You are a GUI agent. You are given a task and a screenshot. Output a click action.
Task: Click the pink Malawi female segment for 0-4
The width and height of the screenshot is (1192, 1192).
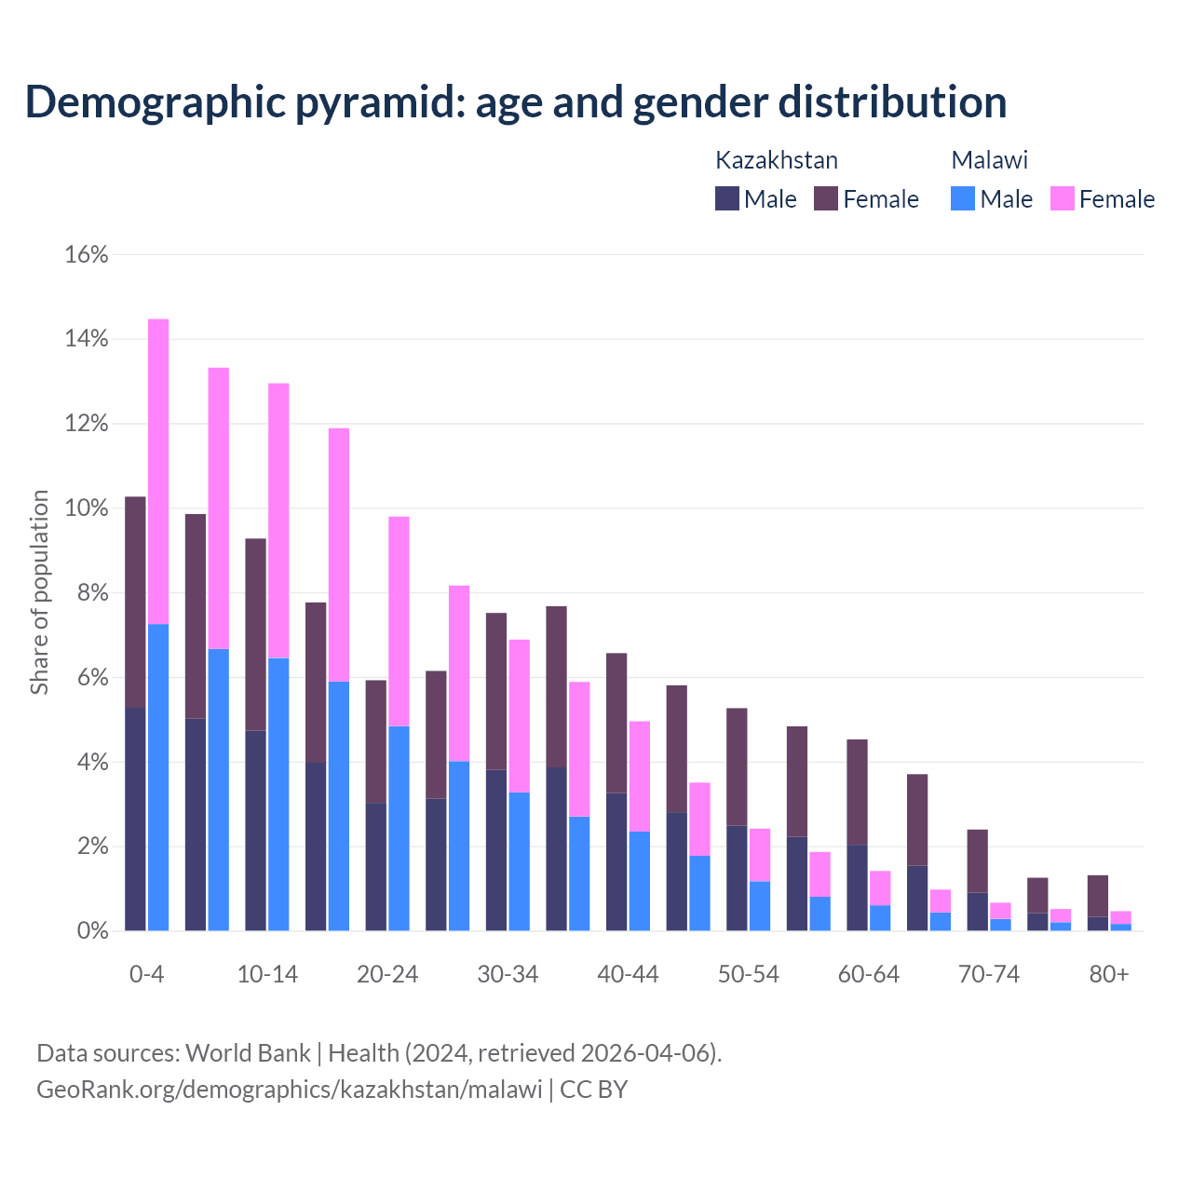click(x=158, y=470)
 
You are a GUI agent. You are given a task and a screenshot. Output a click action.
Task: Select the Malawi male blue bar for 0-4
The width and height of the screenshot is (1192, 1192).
click(x=158, y=778)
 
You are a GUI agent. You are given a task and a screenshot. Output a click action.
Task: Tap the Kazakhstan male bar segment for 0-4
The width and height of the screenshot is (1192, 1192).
click(x=135, y=819)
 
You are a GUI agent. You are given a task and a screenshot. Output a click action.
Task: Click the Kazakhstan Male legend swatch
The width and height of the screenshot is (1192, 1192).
click(x=726, y=198)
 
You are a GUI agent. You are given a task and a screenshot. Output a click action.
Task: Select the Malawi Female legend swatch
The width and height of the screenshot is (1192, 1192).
click(x=1062, y=198)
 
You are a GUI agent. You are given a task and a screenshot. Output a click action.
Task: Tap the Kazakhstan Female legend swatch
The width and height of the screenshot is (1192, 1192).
click(x=826, y=198)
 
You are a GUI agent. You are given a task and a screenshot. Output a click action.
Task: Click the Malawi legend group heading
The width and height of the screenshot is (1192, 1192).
click(x=989, y=160)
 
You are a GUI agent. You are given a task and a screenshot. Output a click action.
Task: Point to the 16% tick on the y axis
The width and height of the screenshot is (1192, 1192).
click(x=87, y=254)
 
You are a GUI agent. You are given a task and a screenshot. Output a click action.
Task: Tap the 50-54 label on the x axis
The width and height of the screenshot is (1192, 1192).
click(x=748, y=974)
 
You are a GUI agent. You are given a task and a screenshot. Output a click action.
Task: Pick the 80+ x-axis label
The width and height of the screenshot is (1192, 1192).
click(x=1109, y=974)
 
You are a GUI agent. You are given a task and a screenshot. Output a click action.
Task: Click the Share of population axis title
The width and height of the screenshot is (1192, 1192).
click(x=40, y=592)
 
